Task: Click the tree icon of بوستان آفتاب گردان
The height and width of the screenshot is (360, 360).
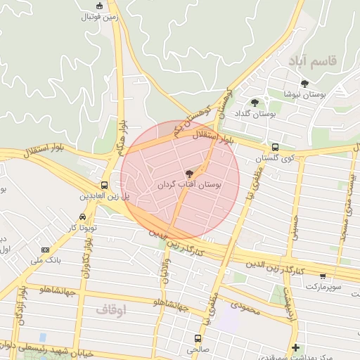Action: tap(188, 173)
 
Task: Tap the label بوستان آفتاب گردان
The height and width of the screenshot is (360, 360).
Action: tap(188, 185)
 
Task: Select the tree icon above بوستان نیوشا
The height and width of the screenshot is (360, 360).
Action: tap(304, 84)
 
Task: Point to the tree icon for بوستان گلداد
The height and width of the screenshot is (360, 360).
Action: tap(255, 103)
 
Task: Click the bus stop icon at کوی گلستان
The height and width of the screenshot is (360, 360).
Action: tap(274, 148)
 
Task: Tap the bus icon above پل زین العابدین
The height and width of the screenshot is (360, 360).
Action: tap(105, 184)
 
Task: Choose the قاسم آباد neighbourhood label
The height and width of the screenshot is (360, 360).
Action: tap(311, 61)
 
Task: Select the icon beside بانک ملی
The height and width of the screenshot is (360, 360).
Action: tap(46, 250)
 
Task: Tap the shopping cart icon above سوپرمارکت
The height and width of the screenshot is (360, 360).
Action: tap(322, 276)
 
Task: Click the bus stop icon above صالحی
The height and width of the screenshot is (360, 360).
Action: tap(195, 338)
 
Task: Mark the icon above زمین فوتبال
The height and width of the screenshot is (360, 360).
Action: tap(99, 6)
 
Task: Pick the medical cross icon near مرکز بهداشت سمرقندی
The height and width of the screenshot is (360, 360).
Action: tap(296, 347)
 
